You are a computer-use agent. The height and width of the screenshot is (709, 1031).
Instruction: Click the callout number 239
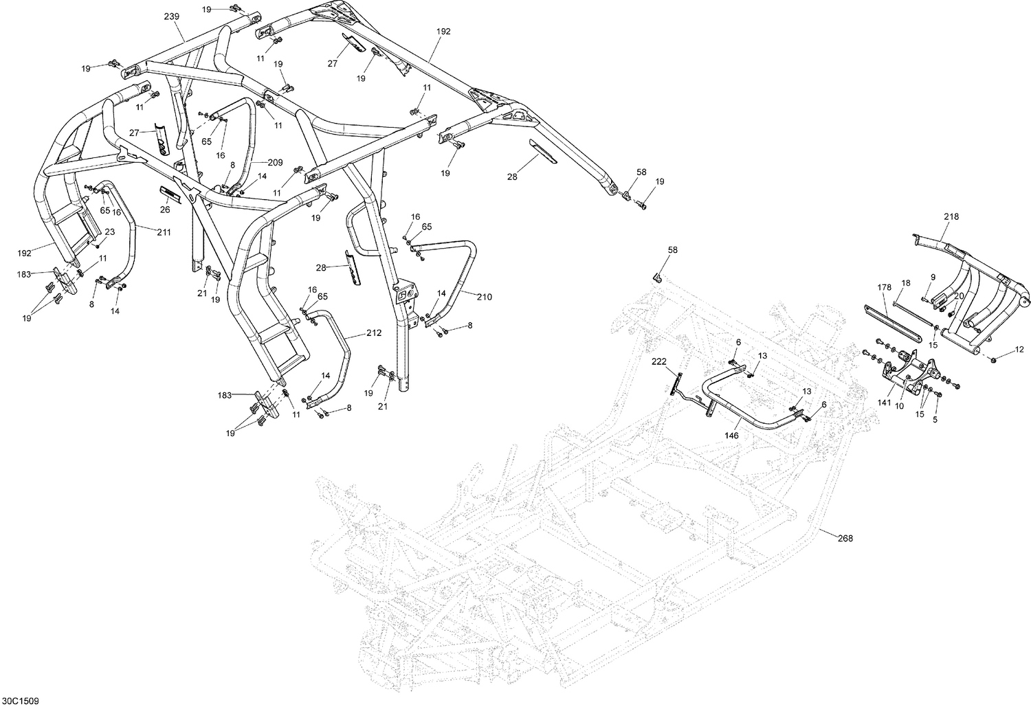[x=170, y=16]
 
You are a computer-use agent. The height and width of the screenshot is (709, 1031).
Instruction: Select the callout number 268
[x=845, y=539]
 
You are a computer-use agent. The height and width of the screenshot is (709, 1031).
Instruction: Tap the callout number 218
[x=951, y=216]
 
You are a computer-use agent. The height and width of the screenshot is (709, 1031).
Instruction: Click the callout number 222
[x=658, y=361]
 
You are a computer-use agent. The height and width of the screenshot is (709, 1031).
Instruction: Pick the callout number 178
[x=884, y=287]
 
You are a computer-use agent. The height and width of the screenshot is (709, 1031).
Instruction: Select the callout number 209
[x=275, y=163]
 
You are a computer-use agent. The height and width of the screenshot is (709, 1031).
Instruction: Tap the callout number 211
[x=163, y=232]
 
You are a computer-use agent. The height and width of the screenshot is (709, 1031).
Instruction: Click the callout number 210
[x=483, y=297]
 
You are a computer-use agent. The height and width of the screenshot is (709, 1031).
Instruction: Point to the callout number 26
[x=165, y=210]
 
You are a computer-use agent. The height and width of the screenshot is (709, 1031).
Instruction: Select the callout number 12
[x=1019, y=350]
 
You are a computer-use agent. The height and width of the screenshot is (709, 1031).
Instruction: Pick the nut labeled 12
[x=995, y=359]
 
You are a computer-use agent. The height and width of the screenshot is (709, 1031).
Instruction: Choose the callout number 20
[x=960, y=295]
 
